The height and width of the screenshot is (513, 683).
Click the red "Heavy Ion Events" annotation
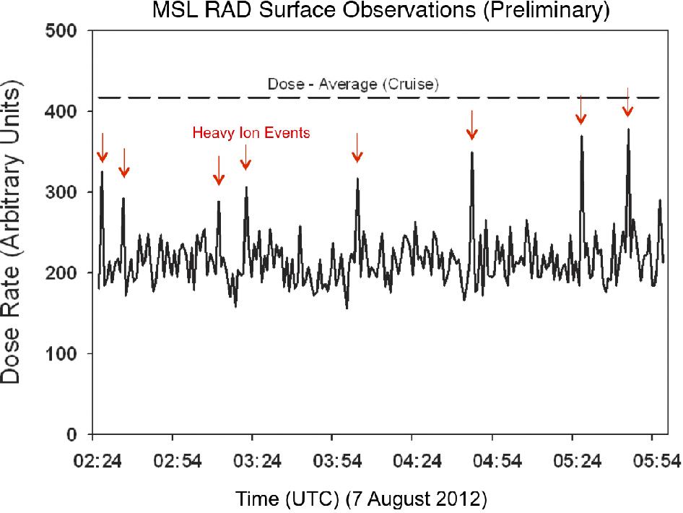click(x=251, y=133)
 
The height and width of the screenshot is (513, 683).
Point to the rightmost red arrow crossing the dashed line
click(x=627, y=103)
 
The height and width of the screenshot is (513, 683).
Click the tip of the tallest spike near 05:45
click(x=628, y=130)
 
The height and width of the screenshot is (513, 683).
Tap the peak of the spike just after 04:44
click(x=471, y=152)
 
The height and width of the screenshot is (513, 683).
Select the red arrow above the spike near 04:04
click(x=357, y=149)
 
